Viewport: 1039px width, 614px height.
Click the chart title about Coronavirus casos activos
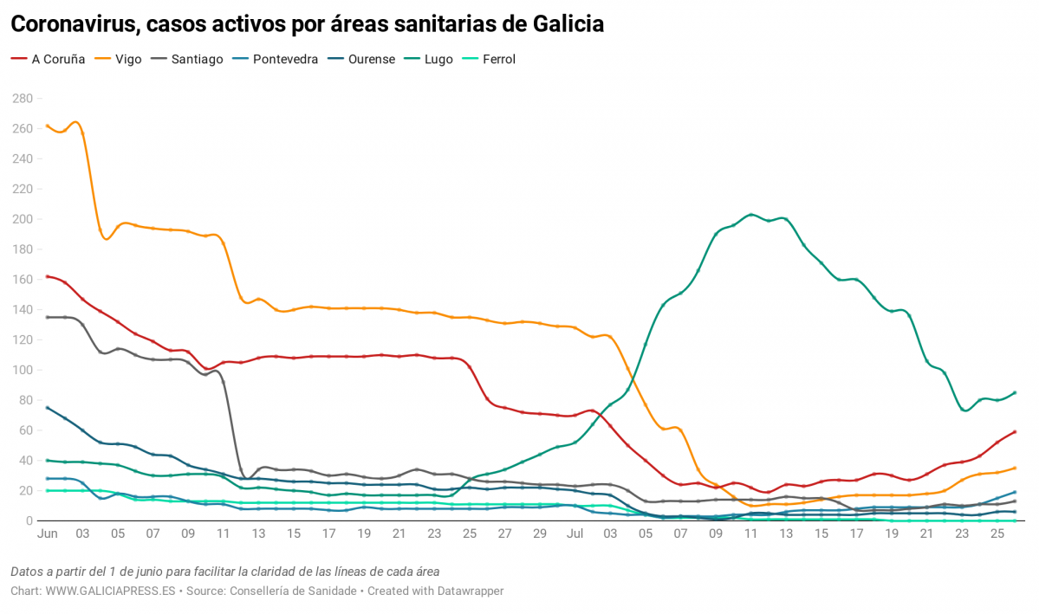307,24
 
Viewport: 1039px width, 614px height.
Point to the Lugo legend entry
438,60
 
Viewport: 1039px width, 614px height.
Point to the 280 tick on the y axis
22,99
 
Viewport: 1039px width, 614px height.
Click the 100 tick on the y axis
22,370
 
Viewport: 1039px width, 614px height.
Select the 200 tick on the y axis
22,219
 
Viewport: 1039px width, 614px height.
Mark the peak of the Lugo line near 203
750,215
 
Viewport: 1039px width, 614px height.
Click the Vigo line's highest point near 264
75,122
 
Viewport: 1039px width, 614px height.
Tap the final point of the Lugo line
1015,392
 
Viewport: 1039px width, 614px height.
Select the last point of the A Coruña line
1015,431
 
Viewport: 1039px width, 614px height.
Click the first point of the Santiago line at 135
47,317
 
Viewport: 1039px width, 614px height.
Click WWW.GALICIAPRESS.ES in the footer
110,591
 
